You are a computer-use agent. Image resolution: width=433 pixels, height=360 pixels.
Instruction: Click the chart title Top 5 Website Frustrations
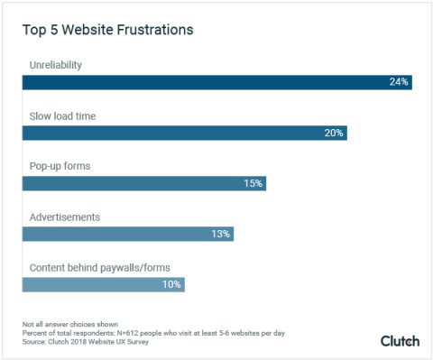[107, 31]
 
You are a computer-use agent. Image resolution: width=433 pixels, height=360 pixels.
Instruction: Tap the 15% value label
[253, 183]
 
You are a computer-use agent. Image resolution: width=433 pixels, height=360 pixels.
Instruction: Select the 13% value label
[221, 234]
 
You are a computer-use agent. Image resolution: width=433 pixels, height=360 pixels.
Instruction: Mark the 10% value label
[171, 284]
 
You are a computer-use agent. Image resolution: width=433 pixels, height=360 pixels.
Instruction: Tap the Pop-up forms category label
[60, 167]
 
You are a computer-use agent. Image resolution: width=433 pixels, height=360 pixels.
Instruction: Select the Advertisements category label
[65, 217]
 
